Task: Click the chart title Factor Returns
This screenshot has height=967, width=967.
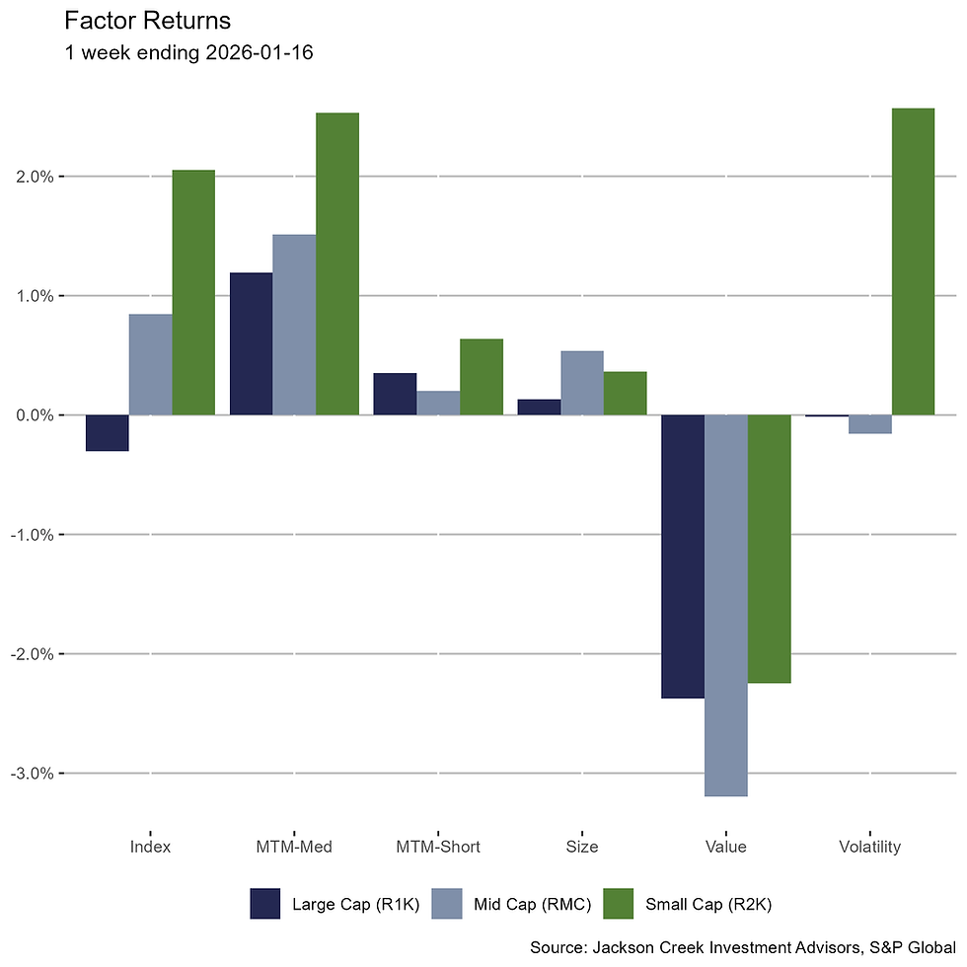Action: tap(147, 20)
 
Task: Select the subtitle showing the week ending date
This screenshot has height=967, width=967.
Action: tap(187, 53)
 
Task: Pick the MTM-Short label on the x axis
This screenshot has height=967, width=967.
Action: tap(438, 847)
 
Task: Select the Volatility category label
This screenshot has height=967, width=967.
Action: tap(869, 847)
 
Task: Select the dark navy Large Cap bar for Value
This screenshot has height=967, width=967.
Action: tap(683, 557)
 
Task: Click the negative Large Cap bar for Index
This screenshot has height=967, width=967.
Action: tap(108, 433)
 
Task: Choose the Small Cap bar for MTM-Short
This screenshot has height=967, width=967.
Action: tap(482, 377)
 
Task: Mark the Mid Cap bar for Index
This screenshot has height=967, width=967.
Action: tap(151, 364)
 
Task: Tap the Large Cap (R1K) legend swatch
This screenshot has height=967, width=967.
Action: tap(265, 904)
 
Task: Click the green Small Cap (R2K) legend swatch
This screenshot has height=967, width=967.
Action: tap(619, 904)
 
